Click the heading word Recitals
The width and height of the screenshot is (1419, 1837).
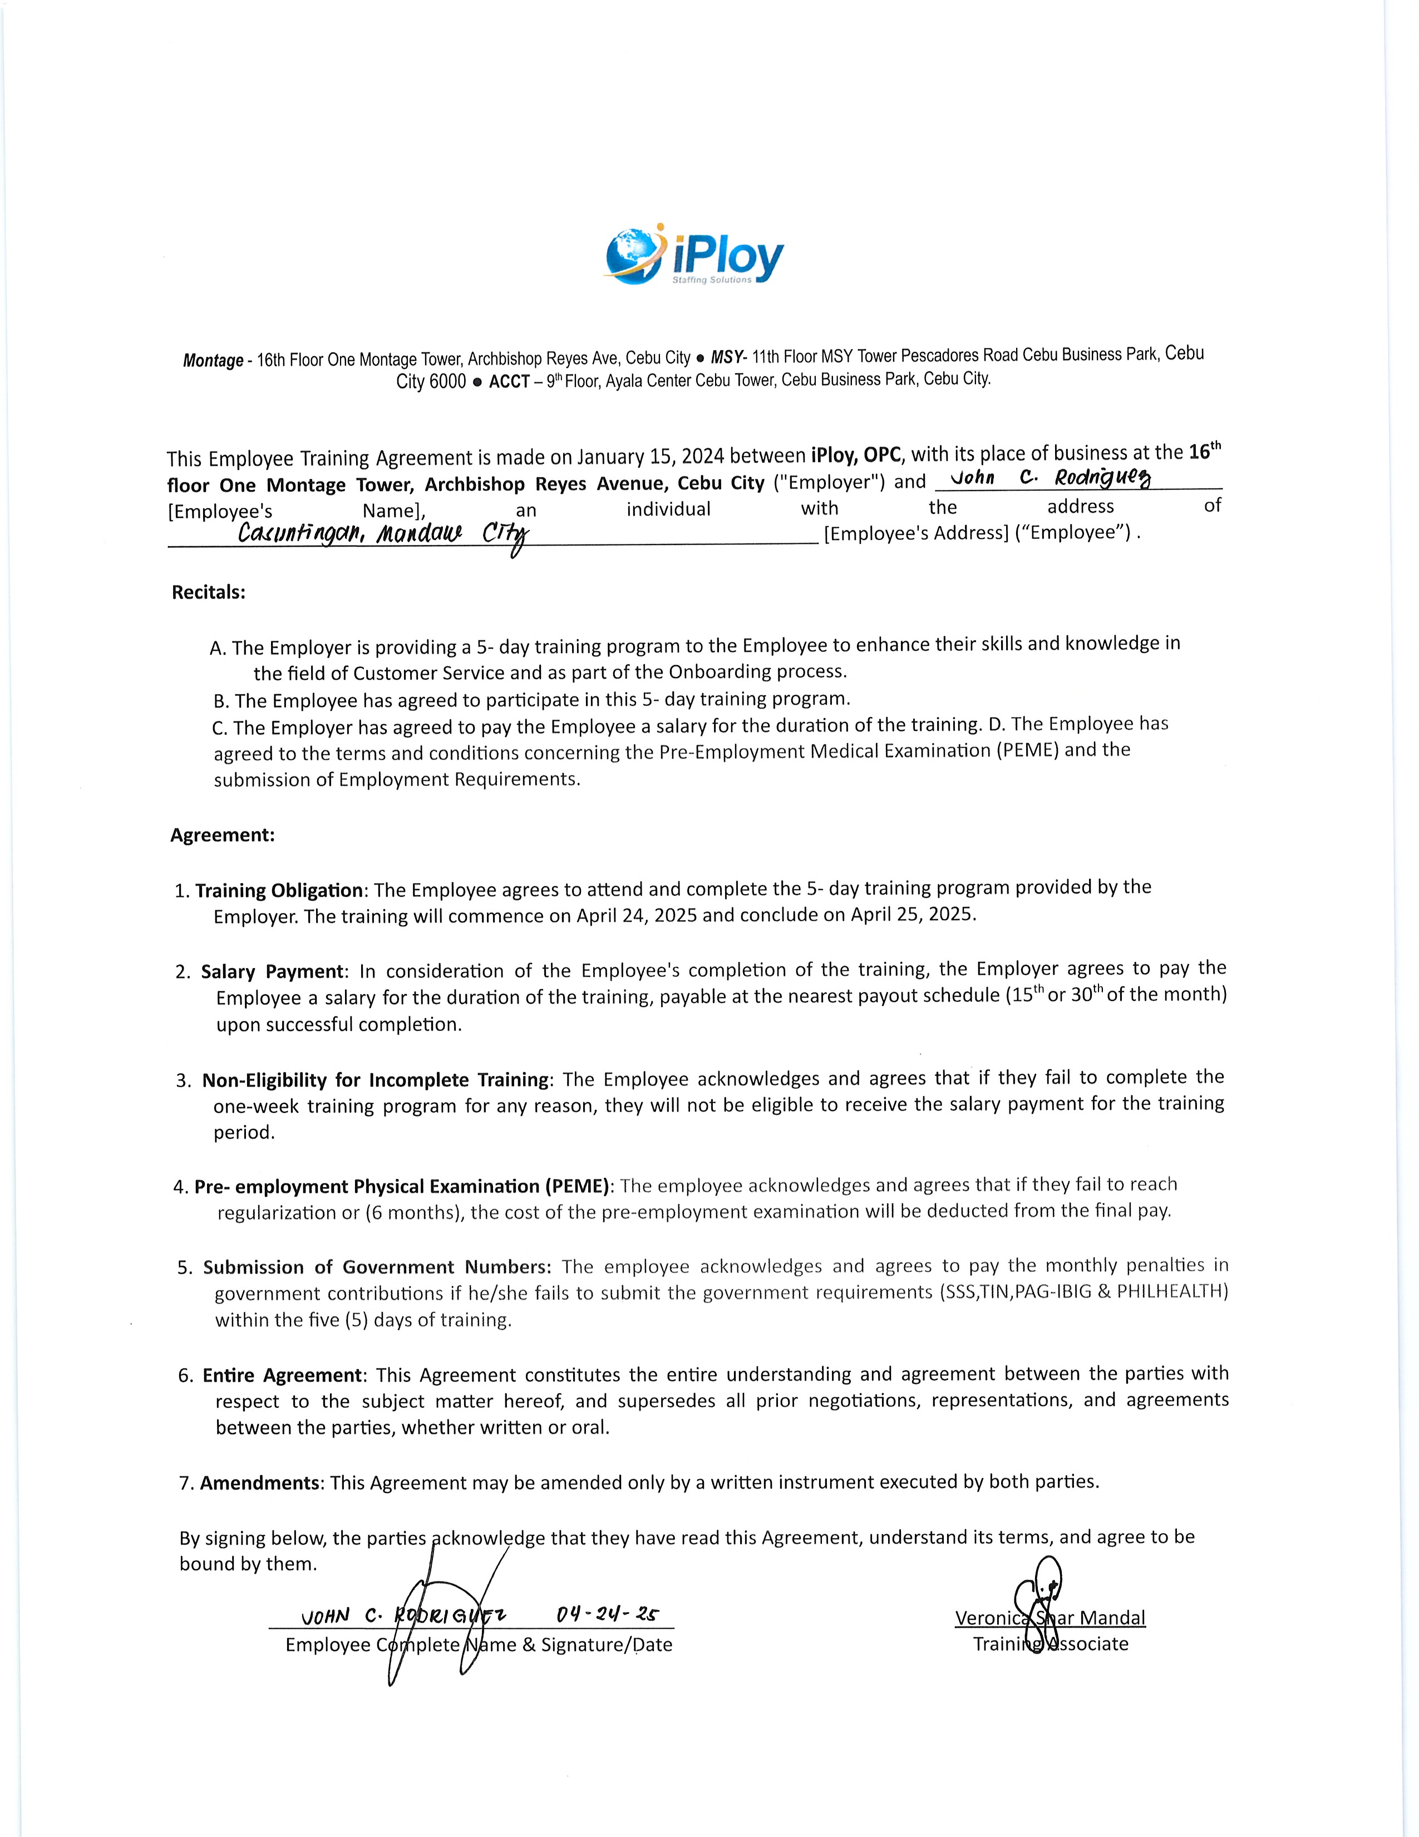(209, 592)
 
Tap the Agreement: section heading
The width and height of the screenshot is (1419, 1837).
(223, 835)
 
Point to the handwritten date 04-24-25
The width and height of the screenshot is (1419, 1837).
(608, 1614)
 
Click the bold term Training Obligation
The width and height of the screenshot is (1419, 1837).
(280, 890)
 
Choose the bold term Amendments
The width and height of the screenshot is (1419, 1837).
(260, 1483)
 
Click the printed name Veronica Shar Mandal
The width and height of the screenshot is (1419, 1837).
(1050, 1618)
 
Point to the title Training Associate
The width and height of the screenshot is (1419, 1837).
(1051, 1644)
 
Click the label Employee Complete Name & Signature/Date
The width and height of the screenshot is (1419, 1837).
(479, 1645)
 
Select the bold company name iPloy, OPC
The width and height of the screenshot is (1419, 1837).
(856, 455)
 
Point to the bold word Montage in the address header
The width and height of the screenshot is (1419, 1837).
(213, 361)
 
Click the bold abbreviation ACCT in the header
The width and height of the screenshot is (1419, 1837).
(509, 382)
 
